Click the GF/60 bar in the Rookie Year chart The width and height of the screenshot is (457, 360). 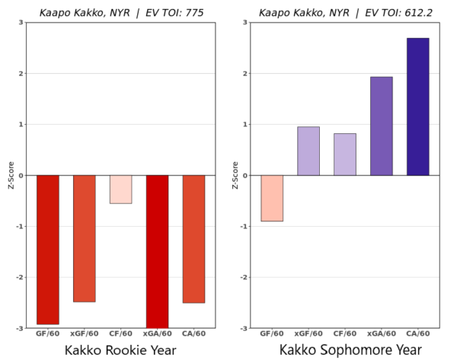[47, 250]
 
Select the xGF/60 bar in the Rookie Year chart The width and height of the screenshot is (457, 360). [84, 238]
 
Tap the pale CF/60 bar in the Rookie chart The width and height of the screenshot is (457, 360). [120, 190]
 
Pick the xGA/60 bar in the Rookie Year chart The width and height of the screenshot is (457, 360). [157, 251]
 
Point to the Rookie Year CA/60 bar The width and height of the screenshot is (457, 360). [193, 239]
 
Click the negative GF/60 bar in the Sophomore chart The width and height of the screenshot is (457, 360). [272, 198]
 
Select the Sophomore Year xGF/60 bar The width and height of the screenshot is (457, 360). [308, 151]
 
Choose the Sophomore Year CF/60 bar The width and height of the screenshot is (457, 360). [345, 155]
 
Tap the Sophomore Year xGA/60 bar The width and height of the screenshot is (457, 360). [382, 126]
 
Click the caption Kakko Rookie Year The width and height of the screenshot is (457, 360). [120, 350]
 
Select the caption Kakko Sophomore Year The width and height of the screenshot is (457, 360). [344, 350]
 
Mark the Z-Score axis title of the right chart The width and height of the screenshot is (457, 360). [234, 175]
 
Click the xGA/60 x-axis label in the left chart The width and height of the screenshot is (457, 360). [157, 333]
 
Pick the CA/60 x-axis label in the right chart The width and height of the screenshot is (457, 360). [417, 333]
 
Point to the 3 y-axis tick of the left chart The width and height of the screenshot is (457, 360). [21, 23]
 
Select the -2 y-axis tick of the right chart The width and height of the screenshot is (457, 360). [244, 277]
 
